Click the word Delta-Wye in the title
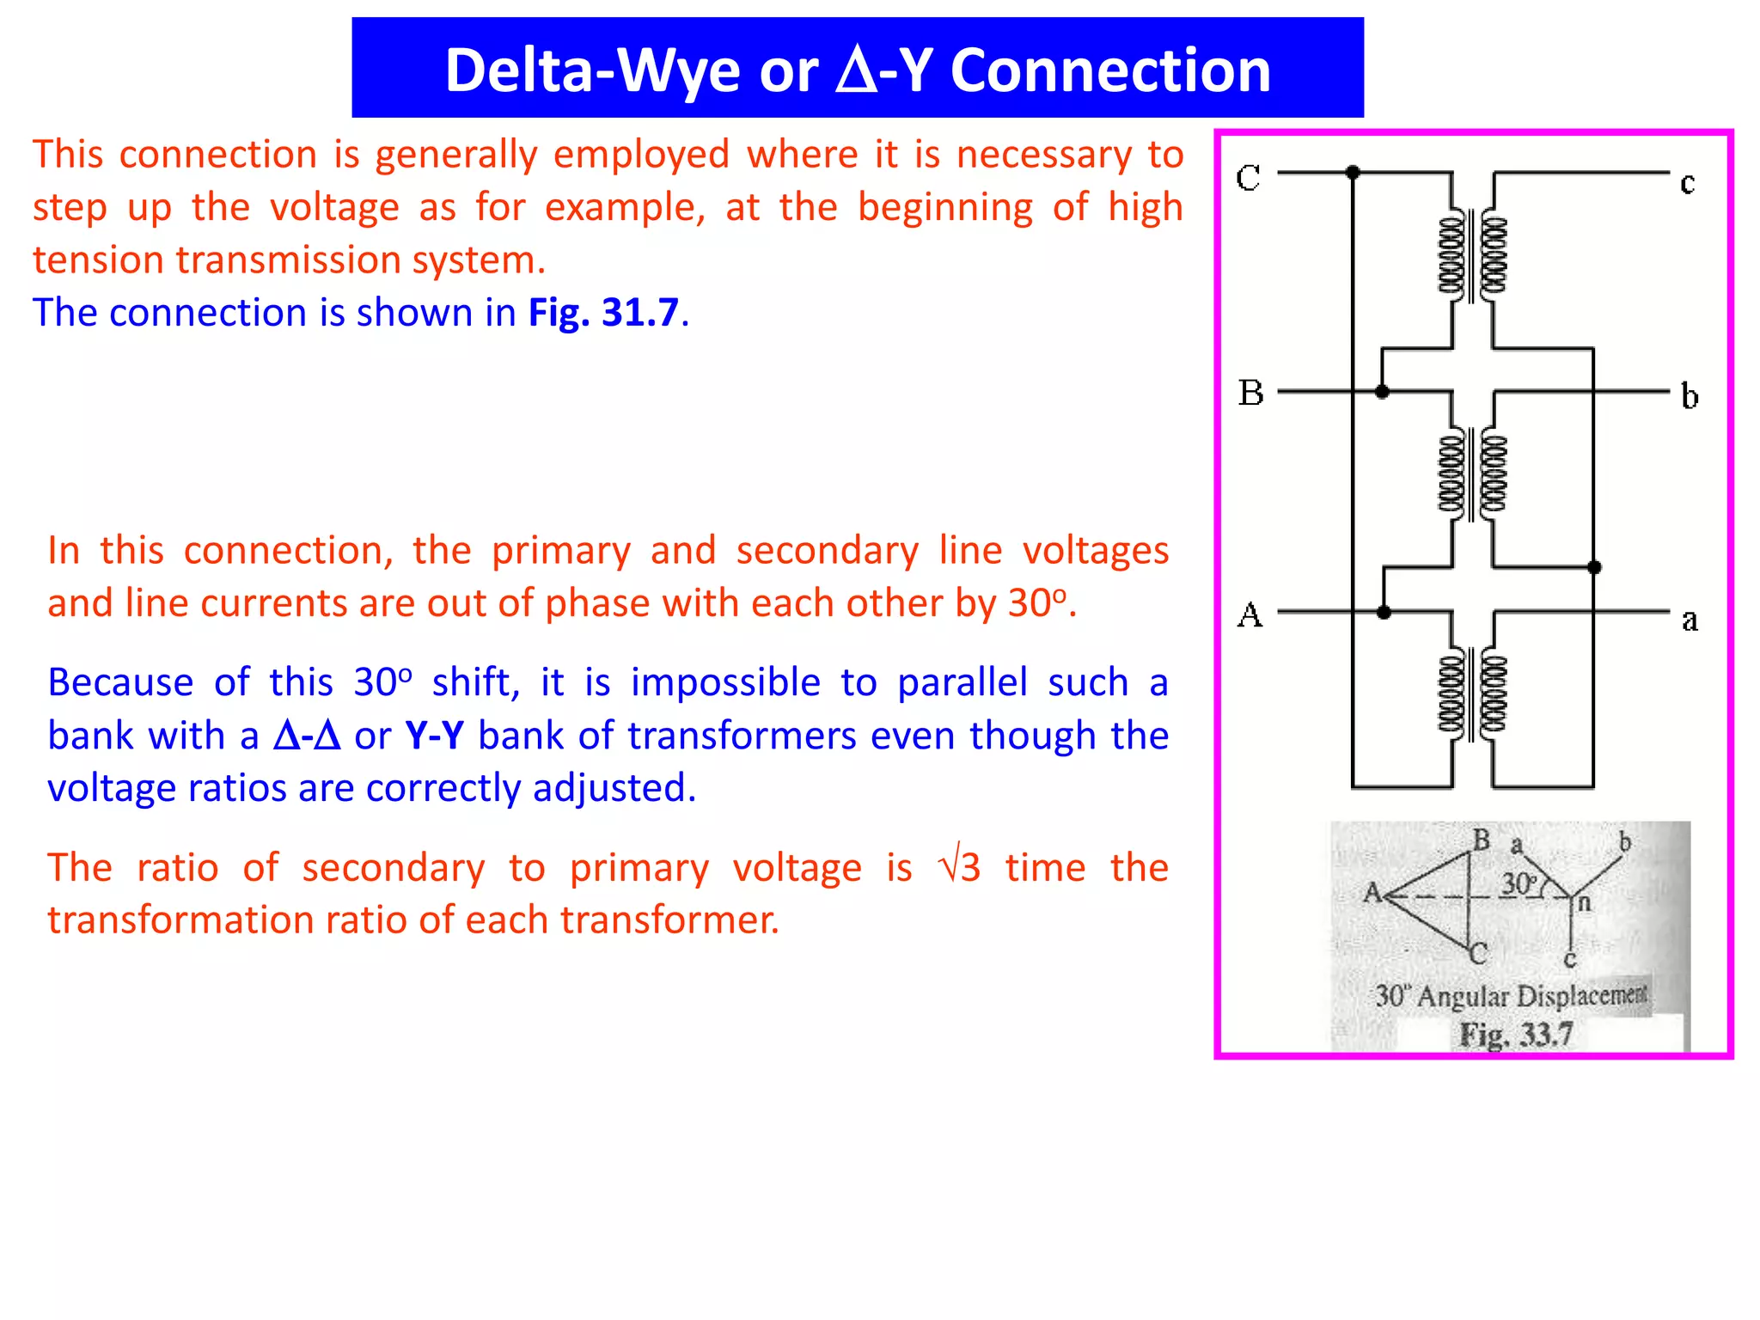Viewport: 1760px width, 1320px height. (x=592, y=70)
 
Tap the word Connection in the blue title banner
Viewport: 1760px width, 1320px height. (x=1110, y=70)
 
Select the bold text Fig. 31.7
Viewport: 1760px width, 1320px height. (x=603, y=313)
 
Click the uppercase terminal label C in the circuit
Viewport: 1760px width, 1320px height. (x=1248, y=178)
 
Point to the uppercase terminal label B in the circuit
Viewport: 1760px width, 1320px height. (x=1250, y=393)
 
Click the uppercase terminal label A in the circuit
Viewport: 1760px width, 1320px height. (x=1250, y=615)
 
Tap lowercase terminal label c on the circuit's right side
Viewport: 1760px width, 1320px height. (x=1687, y=183)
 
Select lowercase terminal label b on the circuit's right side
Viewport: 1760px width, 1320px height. (x=1689, y=396)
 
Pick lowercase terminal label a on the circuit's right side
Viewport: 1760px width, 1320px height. (x=1689, y=620)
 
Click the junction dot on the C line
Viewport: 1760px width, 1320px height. (x=1353, y=173)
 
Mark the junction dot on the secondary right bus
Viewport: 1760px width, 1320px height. (x=1594, y=567)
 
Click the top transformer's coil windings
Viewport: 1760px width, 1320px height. (x=1473, y=256)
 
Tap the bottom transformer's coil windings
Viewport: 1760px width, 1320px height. (x=1473, y=694)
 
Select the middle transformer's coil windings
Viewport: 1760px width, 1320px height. (x=1473, y=474)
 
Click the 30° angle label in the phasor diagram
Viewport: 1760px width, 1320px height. (x=1519, y=883)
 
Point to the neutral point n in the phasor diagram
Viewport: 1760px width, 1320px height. (x=1584, y=902)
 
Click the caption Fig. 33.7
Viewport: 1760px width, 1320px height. (x=1517, y=1034)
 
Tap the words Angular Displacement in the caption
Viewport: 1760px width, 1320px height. (x=1532, y=996)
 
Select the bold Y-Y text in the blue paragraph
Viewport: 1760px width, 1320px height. (x=434, y=736)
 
